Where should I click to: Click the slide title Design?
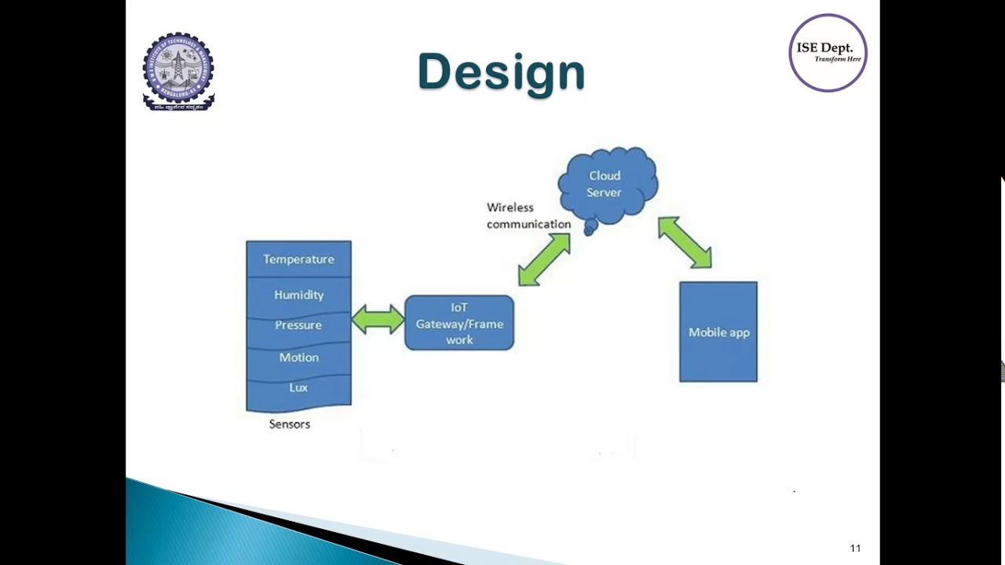[501, 72]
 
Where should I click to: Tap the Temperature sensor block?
[298, 259]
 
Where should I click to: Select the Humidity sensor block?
[298, 295]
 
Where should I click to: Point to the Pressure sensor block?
[298, 325]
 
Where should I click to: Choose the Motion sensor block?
[298, 357]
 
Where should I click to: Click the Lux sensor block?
[298, 388]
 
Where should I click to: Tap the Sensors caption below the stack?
[290, 424]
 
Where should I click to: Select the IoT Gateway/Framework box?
[459, 323]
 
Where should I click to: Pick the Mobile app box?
[718, 332]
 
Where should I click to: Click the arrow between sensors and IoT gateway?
[378, 319]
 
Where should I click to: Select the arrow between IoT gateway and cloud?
[544, 259]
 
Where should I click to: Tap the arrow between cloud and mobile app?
[685, 242]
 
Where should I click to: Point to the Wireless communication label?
[528, 216]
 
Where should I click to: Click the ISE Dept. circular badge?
[828, 53]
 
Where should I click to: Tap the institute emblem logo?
[178, 71]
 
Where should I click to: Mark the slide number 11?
[855, 549]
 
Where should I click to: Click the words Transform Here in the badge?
[838, 60]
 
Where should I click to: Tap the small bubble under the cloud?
[590, 228]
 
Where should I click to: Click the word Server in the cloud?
[604, 192]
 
